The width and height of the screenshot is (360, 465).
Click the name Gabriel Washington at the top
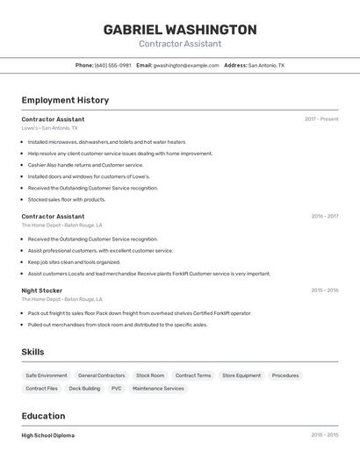click(x=180, y=30)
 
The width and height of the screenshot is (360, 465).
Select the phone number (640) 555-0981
click(x=113, y=65)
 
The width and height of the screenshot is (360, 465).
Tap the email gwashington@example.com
click(x=186, y=65)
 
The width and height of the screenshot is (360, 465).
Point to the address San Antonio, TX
click(x=266, y=65)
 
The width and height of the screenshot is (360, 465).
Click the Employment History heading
click(x=65, y=100)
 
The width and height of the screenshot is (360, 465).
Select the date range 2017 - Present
click(x=321, y=119)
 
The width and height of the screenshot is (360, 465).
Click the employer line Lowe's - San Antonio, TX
click(x=49, y=128)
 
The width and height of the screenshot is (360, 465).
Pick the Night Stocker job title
click(x=41, y=290)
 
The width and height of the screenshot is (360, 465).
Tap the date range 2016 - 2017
click(x=324, y=216)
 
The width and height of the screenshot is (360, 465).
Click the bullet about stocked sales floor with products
click(x=67, y=199)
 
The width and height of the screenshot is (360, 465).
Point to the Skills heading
click(x=32, y=352)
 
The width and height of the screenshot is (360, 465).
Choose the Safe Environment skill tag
click(x=47, y=376)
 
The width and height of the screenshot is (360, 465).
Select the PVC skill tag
click(x=116, y=388)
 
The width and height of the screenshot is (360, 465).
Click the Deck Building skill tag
click(x=84, y=388)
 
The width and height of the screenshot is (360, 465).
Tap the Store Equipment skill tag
click(x=241, y=376)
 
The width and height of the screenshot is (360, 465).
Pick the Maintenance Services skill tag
click(x=158, y=388)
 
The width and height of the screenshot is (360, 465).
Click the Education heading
click(x=43, y=416)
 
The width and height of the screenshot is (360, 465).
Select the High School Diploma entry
click(x=47, y=435)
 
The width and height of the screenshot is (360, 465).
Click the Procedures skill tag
click(x=285, y=376)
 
